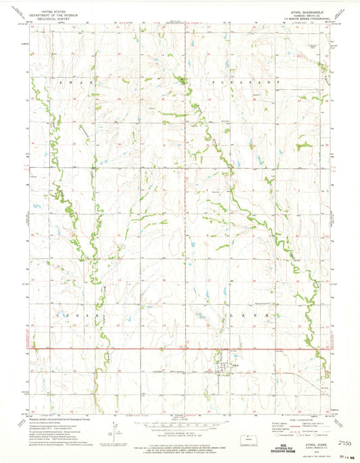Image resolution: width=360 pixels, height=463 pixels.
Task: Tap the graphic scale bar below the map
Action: point(179,422)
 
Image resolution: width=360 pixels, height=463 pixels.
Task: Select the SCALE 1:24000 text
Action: point(179,415)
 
